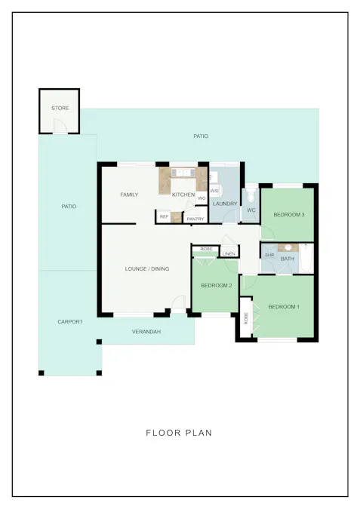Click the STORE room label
click(60, 109)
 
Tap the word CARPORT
click(70, 322)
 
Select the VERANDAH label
click(146, 332)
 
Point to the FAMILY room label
click(129, 195)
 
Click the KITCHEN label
click(183, 195)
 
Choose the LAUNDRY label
click(225, 204)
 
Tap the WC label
click(251, 210)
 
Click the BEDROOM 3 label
click(288, 215)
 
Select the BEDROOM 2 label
click(216, 285)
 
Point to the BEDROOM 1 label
click(284, 306)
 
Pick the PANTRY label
click(195, 219)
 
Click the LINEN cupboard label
click(229, 253)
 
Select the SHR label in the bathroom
click(269, 255)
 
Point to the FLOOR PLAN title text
click(179, 433)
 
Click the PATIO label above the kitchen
click(200, 136)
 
